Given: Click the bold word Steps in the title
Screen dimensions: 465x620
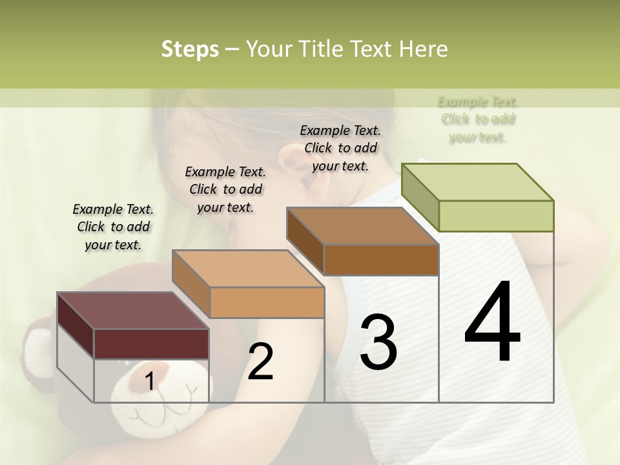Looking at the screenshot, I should tap(190, 49).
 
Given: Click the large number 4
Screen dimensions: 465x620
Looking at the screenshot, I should tap(492, 322).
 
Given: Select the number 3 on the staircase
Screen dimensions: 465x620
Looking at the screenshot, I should tap(378, 342).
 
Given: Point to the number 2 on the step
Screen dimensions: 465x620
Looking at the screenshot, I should tap(260, 362).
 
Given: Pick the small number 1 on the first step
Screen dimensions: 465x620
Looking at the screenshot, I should tap(149, 382).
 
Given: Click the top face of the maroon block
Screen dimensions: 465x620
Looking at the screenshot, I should tap(132, 310).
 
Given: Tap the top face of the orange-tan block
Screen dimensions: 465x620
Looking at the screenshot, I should tap(247, 269).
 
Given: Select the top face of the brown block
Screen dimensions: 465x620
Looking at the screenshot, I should tap(362, 226).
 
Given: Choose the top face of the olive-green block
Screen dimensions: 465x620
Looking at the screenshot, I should tap(477, 182).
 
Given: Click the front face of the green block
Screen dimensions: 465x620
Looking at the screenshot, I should tap(496, 216).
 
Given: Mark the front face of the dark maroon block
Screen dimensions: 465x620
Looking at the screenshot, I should tap(151, 343).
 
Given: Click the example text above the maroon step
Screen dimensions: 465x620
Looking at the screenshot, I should tap(113, 227).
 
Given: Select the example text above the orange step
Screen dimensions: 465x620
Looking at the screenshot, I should tap(225, 189).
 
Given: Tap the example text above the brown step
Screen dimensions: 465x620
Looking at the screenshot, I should tap(340, 148).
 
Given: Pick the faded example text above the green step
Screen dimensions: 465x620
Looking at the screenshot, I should tap(478, 119).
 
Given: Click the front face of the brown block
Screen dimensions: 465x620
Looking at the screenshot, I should tap(381, 260).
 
